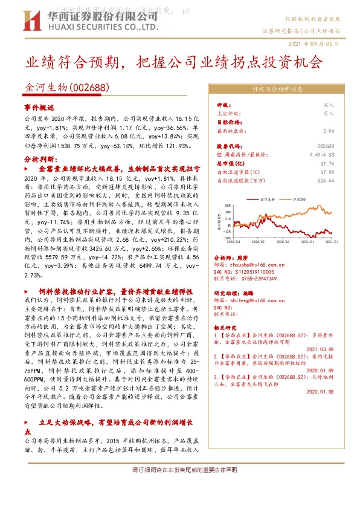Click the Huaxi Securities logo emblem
[x=27, y=24]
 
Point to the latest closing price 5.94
[x=328, y=131]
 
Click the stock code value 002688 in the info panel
[x=325, y=146]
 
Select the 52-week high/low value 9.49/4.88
[x=321, y=155]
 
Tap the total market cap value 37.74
[x=326, y=163]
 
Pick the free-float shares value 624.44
[x=325, y=180]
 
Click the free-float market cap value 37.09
[x=326, y=172]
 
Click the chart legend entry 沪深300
[x=298, y=198]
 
